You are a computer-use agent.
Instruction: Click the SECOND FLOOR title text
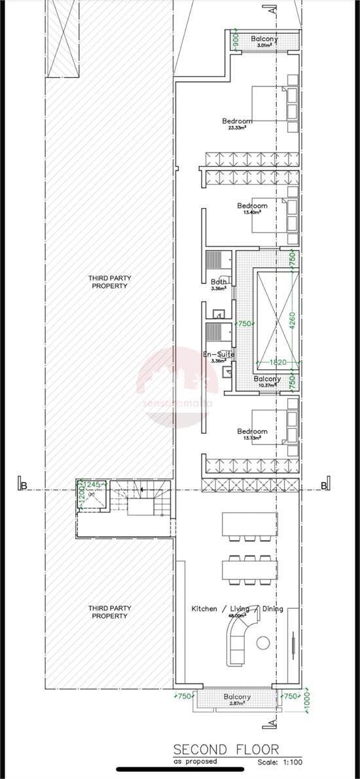pyautogui.click(x=226, y=749)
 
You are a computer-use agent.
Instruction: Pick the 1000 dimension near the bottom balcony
pyautogui.click(x=307, y=705)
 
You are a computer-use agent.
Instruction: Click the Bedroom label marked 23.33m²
pyautogui.click(x=237, y=122)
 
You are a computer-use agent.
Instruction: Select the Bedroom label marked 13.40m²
pyautogui.click(x=252, y=206)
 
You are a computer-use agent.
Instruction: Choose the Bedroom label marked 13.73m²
pyautogui.click(x=252, y=432)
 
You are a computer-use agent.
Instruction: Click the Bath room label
pyautogui.click(x=219, y=282)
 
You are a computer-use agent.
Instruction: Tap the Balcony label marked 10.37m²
pyautogui.click(x=267, y=379)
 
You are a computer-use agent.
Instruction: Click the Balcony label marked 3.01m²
pyautogui.click(x=264, y=39)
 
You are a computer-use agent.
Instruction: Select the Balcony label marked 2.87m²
pyautogui.click(x=237, y=697)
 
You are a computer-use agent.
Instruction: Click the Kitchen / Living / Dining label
pyautogui.click(x=237, y=609)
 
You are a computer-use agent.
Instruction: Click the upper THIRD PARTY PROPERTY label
pyautogui.click(x=109, y=282)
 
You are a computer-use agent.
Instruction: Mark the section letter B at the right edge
pyautogui.click(x=323, y=485)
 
